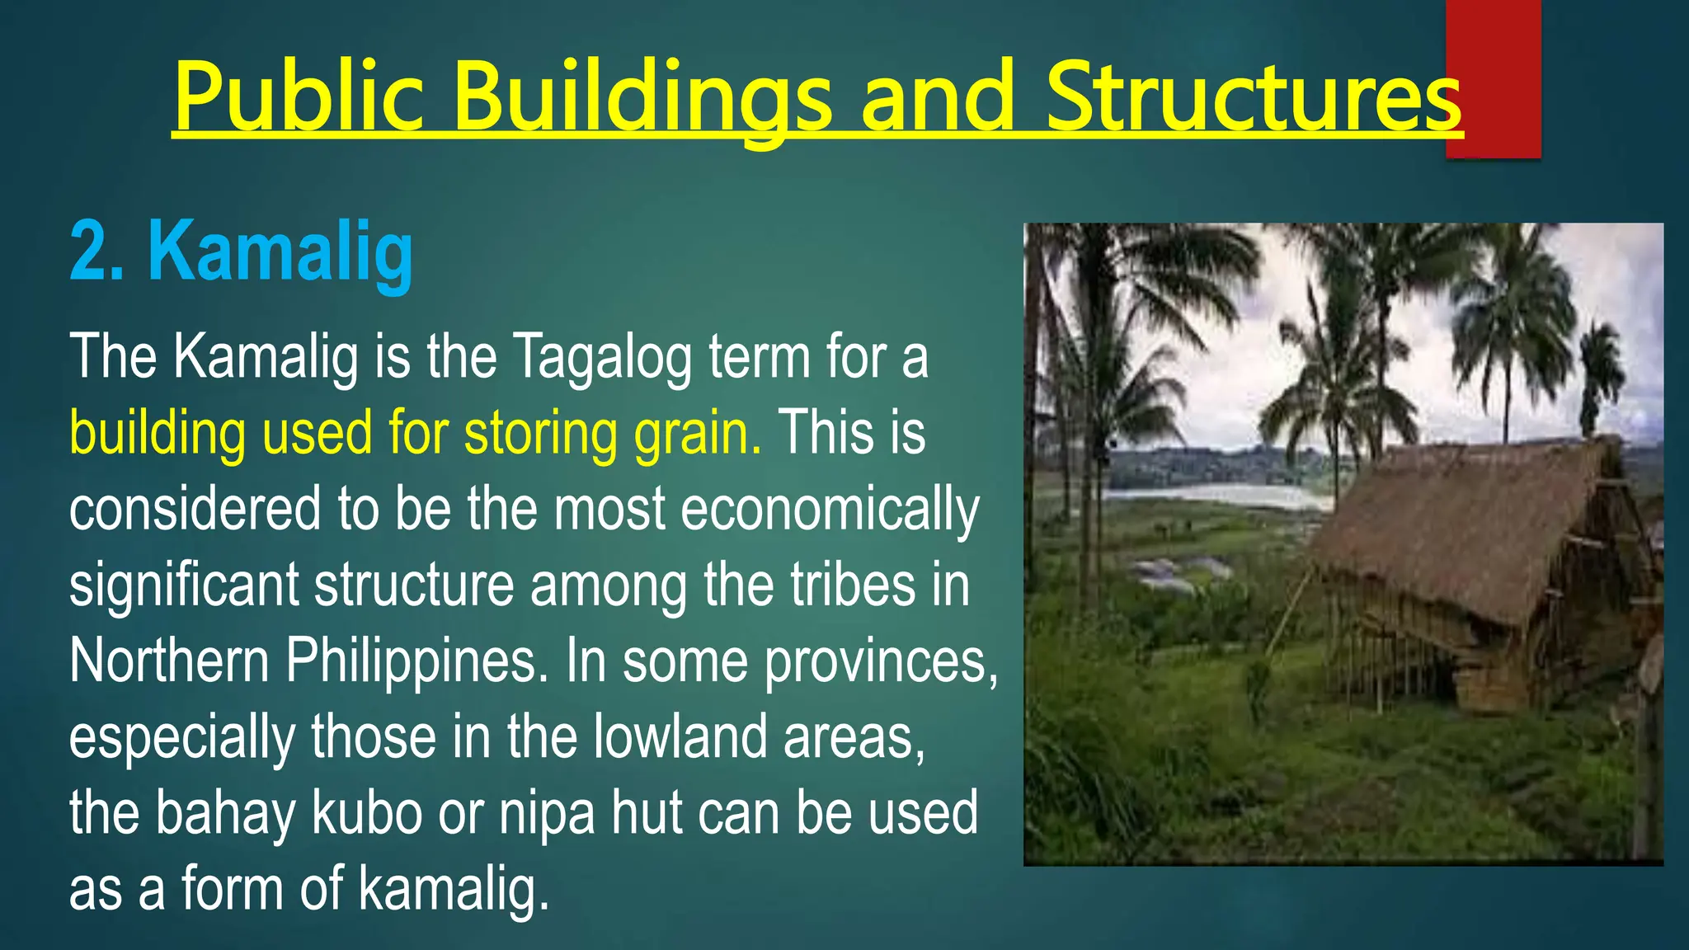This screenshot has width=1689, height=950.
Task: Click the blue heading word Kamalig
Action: [x=280, y=252]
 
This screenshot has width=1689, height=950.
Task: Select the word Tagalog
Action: [x=602, y=359]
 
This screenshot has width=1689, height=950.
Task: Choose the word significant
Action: [x=184, y=586]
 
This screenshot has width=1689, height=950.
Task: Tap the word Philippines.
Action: [x=416, y=662]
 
